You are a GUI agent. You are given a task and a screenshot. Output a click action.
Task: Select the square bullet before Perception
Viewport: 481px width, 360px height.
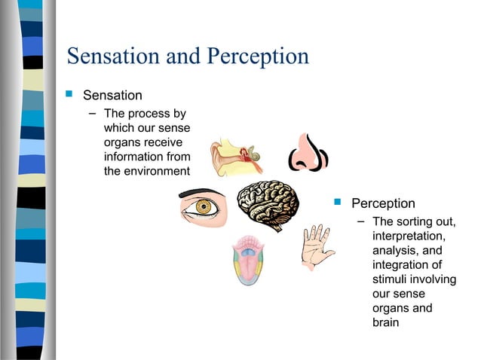coord(338,203)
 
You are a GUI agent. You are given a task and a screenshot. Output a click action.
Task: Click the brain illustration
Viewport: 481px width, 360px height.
coord(268,206)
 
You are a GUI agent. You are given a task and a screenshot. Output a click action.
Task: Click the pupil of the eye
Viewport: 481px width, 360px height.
coord(202,208)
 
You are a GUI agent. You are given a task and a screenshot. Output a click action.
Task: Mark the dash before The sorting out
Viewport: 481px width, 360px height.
coord(360,221)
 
